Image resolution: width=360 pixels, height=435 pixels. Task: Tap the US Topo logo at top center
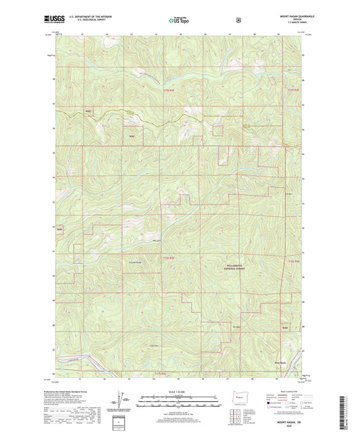[180, 21]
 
